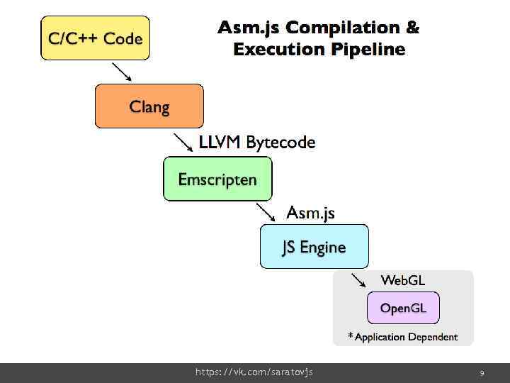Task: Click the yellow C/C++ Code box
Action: tap(95, 38)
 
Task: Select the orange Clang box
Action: tap(149, 106)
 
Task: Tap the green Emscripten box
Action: tap(217, 179)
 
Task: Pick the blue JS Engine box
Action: tap(314, 247)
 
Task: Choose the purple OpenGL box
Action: tap(403, 309)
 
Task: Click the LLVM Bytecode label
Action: tap(257, 143)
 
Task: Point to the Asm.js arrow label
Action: tap(310, 212)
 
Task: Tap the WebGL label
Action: tap(403, 280)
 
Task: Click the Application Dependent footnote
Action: tap(402, 337)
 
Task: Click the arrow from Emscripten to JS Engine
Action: tap(266, 211)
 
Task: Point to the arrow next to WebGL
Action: tap(358, 279)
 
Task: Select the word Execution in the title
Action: tap(278, 50)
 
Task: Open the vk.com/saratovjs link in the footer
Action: tap(254, 372)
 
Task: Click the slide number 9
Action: tap(482, 372)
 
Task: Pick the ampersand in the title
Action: tap(412, 28)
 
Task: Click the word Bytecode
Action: tap(280, 143)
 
